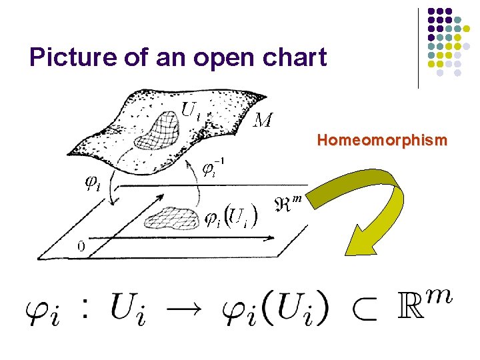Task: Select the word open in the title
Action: (x=211, y=59)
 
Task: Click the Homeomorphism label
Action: (x=382, y=141)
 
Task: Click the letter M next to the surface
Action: (x=263, y=120)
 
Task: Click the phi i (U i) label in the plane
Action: (x=231, y=218)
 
